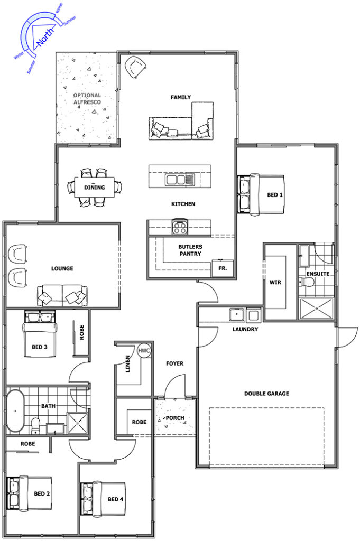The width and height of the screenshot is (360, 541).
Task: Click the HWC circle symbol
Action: pos(144,351)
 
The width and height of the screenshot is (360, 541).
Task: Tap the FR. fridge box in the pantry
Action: pos(223,268)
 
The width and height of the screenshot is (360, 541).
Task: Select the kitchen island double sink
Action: pos(180,180)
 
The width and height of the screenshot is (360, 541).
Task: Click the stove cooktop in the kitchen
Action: pos(180,227)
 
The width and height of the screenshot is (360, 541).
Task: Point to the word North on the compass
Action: pos(45,37)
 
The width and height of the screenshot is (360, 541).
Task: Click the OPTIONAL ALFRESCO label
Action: pos(87,98)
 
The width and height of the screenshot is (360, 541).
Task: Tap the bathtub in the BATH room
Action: pos(15,411)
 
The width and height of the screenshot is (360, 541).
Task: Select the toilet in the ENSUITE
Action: pos(306,282)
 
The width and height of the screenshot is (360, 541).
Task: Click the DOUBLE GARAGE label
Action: pos(266,393)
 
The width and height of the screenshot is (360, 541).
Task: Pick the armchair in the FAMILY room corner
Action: pos(136,67)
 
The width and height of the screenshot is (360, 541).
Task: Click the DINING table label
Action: pos(94,188)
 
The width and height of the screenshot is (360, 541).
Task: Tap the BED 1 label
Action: pos(275,195)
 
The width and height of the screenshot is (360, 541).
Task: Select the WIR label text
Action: pos(275,282)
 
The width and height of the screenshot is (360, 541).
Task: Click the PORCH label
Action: pos(175,418)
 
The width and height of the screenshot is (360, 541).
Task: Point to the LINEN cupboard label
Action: pos(128,363)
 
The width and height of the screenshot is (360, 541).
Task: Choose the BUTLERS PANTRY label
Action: pos(190,250)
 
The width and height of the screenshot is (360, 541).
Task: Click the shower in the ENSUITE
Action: pos(317,309)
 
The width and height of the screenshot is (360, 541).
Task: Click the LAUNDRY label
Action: pos(245,329)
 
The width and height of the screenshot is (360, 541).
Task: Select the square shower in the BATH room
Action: pos(77,423)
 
